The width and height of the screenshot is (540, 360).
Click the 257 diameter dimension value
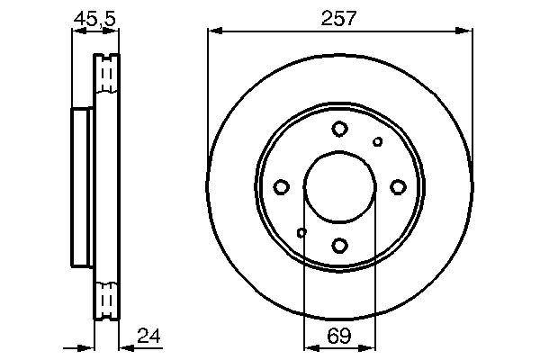340,17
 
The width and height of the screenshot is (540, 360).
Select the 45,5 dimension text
94,17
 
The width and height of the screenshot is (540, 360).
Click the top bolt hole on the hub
339,129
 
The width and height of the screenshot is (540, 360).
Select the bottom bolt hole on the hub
339,245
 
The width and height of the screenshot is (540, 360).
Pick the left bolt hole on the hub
281,187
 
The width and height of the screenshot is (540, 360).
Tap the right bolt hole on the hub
398,187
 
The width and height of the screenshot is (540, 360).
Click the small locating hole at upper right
378,141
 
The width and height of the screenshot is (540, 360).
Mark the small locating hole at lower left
301,233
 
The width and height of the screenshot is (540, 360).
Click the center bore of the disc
339,187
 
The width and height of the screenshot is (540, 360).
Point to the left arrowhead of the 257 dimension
212,31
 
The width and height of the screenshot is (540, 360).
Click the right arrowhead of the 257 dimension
467,31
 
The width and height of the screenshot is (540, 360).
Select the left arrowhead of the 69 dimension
309,346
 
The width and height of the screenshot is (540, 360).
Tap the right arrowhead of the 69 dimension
370,346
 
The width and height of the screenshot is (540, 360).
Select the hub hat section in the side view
82,187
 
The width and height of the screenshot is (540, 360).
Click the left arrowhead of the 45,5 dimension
76,31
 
